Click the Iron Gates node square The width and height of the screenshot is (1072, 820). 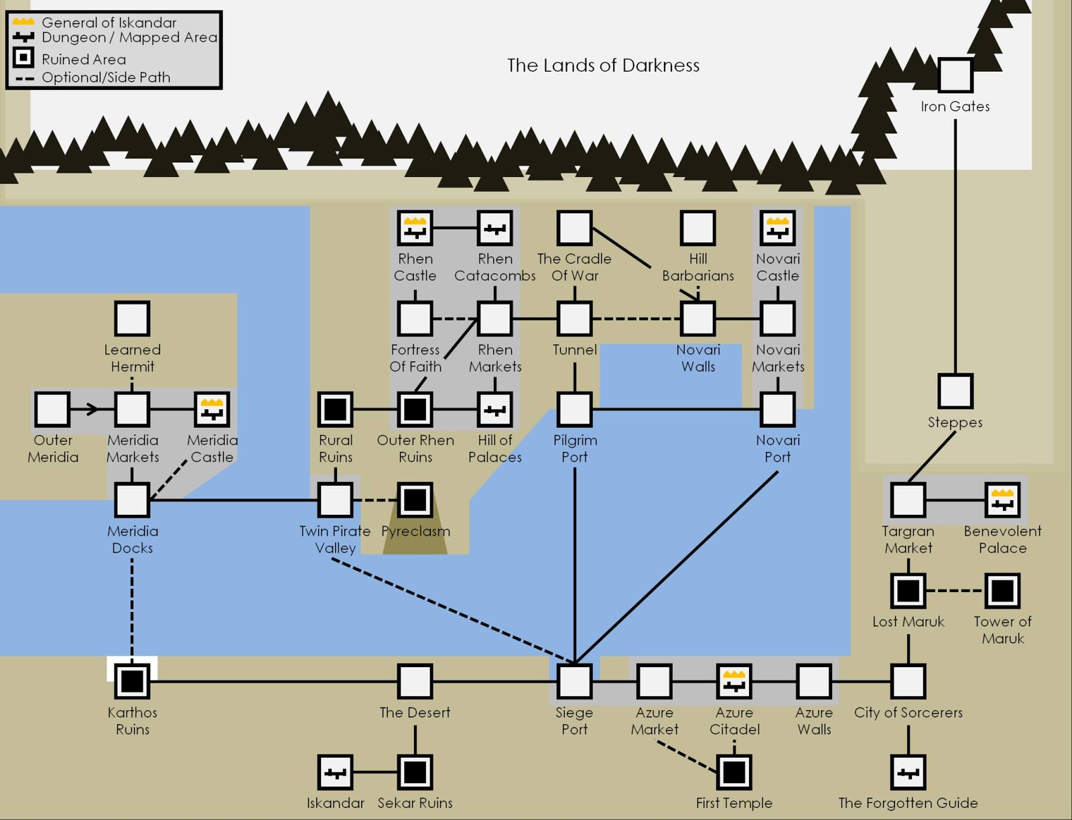[955, 74]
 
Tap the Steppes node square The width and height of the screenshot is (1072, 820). [955, 391]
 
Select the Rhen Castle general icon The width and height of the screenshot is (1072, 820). [415, 227]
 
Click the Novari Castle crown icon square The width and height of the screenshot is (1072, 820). [777, 227]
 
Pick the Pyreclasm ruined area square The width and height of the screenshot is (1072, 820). [415, 500]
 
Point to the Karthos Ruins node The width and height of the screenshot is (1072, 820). [132, 681]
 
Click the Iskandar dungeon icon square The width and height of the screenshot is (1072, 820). [335, 772]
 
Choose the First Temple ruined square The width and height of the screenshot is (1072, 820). [734, 772]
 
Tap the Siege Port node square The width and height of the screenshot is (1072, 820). [574, 681]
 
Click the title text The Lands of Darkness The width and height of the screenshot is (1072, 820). [603, 65]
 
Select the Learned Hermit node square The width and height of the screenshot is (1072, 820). [132, 318]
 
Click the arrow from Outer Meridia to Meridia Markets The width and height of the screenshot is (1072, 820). [90, 409]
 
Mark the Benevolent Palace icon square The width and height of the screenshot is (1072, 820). [1002, 500]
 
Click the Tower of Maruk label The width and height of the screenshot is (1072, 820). [1002, 630]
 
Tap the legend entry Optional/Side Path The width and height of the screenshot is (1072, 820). [106, 77]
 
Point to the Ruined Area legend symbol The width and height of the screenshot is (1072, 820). [23, 58]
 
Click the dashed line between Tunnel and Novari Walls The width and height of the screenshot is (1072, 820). [635, 318]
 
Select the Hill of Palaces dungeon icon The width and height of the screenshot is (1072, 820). [494, 409]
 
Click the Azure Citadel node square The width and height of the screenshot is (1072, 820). [734, 681]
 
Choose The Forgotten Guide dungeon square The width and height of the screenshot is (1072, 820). [908, 772]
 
